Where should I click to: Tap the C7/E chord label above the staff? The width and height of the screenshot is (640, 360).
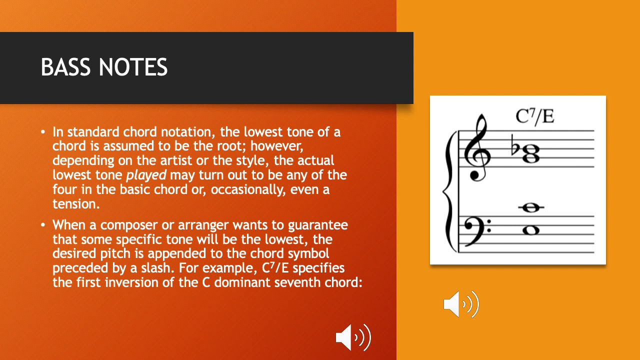click(x=535, y=116)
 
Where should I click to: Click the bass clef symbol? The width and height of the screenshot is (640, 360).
click(x=479, y=229)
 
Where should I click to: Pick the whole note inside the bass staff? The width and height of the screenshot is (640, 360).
click(x=530, y=230)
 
